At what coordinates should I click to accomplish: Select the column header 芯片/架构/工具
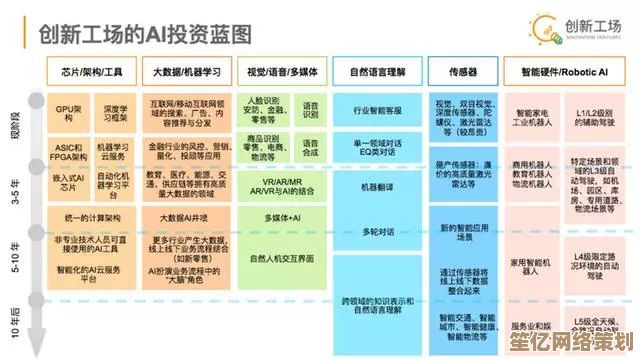pyautogui.click(x=90, y=72)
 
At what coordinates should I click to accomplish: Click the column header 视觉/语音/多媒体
pyautogui.click(x=282, y=72)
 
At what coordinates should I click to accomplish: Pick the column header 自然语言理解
pyautogui.click(x=377, y=72)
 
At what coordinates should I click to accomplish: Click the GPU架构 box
pyautogui.click(x=65, y=111)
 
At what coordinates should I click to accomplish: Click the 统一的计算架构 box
pyautogui.click(x=90, y=217)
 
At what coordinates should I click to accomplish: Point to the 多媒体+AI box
pyautogui.click(x=282, y=217)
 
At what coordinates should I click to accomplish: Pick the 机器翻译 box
pyautogui.click(x=377, y=186)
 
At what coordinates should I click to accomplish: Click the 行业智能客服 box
pyautogui.click(x=377, y=111)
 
